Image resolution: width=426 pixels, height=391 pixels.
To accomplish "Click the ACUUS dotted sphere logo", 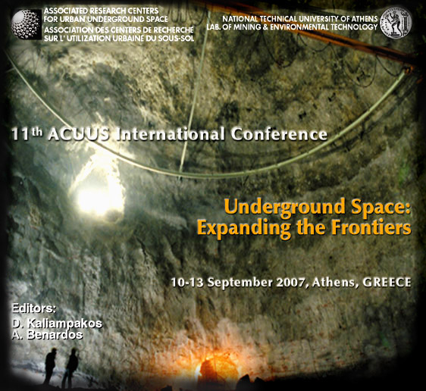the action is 27,24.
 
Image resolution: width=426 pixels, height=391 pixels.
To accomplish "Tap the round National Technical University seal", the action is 396,23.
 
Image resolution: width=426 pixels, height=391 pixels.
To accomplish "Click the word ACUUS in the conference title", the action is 79,134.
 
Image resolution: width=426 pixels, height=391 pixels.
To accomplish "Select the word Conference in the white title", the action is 279,134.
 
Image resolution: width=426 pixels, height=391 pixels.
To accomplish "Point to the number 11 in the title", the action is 20,134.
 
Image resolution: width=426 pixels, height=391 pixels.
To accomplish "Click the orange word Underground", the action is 284,208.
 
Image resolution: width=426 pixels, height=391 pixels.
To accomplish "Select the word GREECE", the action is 387,283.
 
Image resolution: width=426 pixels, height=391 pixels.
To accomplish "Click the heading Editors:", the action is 34,308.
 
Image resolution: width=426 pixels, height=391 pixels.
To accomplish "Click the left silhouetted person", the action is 50,366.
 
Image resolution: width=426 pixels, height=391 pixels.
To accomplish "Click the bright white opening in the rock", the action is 99,191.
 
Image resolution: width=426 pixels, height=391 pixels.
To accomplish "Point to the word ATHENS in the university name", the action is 361,19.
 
